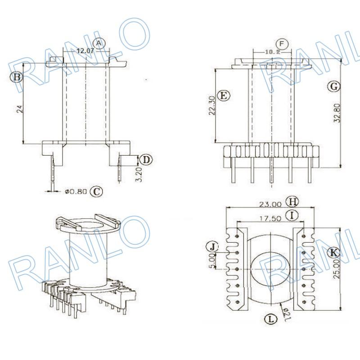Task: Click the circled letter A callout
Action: tap(100, 43)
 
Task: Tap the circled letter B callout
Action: tap(17, 77)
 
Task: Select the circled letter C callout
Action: tap(96, 191)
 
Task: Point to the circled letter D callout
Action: tap(146, 159)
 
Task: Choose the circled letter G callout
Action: tap(333, 87)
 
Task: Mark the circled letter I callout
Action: tap(293, 216)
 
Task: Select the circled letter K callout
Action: tap(333, 252)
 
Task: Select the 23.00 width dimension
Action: tap(270, 204)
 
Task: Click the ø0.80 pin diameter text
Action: tap(75, 192)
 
